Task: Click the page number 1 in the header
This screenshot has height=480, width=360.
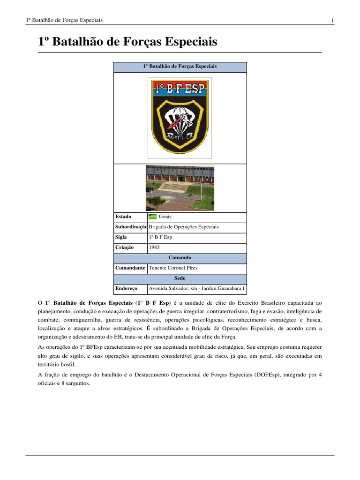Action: (332, 20)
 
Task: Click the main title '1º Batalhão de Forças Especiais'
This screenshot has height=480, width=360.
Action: (127, 42)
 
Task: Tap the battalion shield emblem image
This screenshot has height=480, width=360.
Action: (180, 117)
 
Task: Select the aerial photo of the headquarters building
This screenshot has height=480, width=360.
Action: (180, 188)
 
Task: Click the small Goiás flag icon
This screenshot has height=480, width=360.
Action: (152, 217)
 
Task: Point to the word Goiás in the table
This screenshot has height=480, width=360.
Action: (165, 217)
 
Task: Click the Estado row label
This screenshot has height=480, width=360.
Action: (123, 217)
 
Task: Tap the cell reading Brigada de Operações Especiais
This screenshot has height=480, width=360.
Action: (184, 227)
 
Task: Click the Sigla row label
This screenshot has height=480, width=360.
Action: (121, 237)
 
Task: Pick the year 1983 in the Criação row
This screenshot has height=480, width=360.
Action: (155, 247)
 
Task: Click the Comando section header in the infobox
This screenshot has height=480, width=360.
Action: (180, 258)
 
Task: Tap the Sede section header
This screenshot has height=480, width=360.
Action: (180, 278)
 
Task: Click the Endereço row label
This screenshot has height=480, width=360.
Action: (126, 288)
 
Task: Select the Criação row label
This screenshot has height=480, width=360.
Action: (124, 247)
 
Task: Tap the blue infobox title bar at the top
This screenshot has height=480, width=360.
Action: (180, 67)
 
